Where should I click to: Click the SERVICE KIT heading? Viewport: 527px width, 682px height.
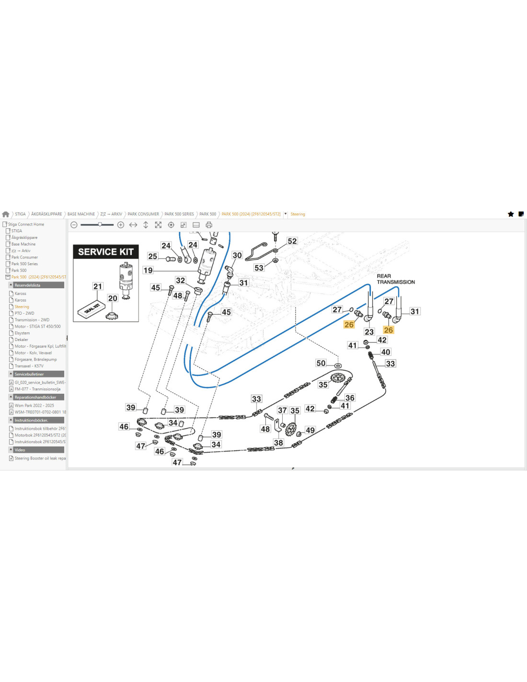(x=105, y=252)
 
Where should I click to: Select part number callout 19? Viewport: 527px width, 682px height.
(x=148, y=270)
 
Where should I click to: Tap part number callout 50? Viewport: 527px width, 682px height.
(x=321, y=363)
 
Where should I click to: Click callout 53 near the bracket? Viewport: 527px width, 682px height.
(x=259, y=268)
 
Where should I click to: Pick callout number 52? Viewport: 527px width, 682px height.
(x=292, y=241)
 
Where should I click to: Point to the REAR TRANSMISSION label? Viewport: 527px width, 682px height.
(x=395, y=279)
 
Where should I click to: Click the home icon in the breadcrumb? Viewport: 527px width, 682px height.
(x=6, y=214)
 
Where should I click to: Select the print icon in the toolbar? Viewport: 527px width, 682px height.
(x=209, y=225)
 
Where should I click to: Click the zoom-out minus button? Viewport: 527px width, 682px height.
(x=74, y=225)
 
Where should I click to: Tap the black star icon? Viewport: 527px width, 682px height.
(x=511, y=214)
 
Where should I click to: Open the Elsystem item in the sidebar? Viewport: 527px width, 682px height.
(x=22, y=333)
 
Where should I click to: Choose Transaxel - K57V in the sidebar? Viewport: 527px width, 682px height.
(x=29, y=366)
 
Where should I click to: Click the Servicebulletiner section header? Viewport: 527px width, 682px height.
(x=29, y=374)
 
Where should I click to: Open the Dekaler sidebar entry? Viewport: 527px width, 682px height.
(x=21, y=340)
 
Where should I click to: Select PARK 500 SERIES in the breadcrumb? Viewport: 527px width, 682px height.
(x=179, y=214)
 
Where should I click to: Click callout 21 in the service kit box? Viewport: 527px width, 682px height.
(x=98, y=286)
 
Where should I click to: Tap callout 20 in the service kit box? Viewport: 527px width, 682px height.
(x=113, y=298)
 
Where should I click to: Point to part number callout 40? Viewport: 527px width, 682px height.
(x=386, y=352)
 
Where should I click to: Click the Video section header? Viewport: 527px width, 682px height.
(x=20, y=450)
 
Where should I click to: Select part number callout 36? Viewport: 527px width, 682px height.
(x=350, y=398)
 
